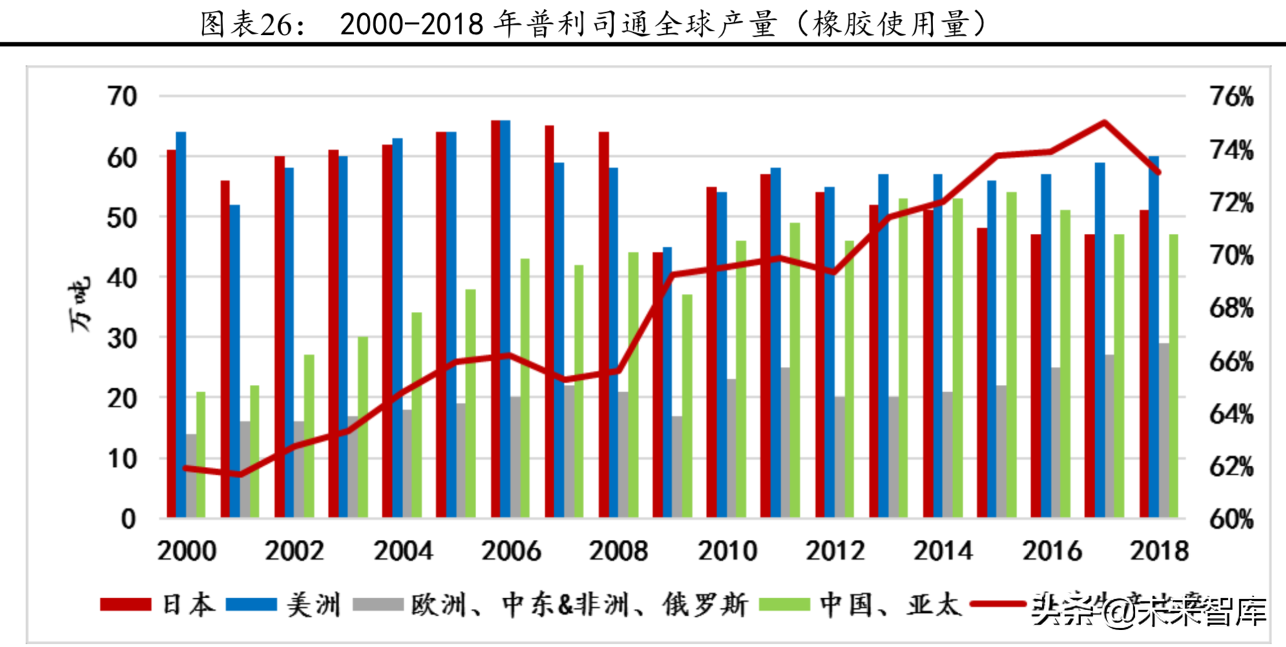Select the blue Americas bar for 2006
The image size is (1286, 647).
[505, 320]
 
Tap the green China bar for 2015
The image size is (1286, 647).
[1011, 355]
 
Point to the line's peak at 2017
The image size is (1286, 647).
[1104, 122]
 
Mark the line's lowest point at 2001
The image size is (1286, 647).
[240, 475]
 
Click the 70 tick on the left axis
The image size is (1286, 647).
[122, 97]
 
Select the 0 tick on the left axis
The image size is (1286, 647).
[128, 519]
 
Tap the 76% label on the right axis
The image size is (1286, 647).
[1231, 97]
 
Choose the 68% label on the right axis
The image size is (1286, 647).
[1231, 308]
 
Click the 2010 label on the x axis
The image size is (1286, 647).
[727, 551]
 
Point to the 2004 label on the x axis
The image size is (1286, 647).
[403, 551]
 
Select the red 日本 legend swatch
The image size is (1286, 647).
[125, 604]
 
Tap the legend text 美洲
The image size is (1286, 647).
[313, 605]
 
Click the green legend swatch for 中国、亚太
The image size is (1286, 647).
[784, 604]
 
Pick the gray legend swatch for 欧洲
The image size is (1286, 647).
[378, 604]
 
